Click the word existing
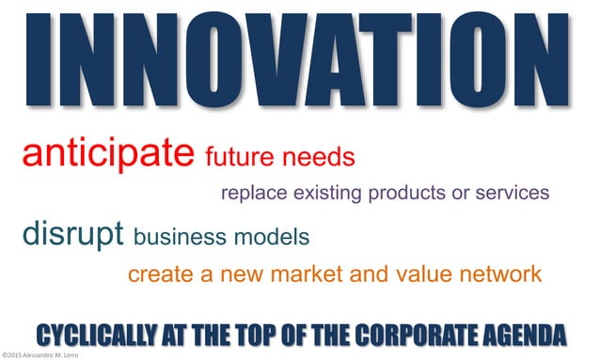(x=335, y=194)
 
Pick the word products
(x=419, y=195)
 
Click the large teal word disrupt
(x=74, y=234)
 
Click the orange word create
(x=157, y=274)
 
